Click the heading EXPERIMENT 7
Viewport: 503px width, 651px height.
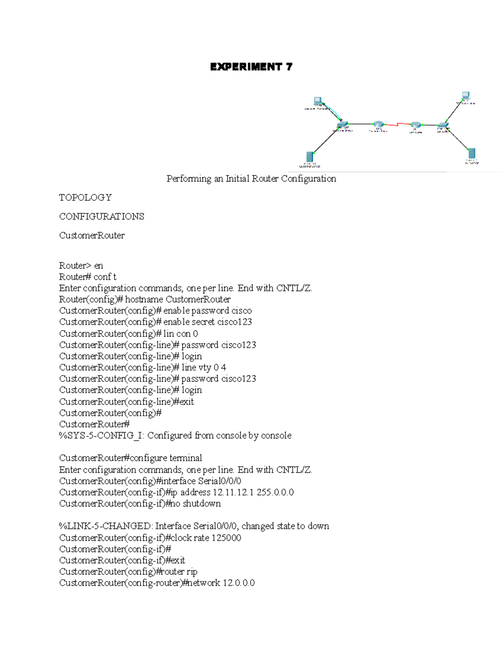[251, 67]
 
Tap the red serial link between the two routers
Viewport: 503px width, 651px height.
[397, 124]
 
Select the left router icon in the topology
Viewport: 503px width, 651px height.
[379, 124]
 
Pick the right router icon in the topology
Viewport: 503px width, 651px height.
[415, 125]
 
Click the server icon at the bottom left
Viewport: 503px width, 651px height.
[310, 157]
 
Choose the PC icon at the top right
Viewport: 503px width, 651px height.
[465, 96]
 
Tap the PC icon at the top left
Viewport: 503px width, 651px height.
[318, 101]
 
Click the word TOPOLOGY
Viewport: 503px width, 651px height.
[86, 197]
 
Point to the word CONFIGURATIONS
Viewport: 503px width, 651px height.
[101, 216]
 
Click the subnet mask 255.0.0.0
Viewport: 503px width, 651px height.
[275, 492]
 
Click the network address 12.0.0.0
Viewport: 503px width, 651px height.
[239, 583]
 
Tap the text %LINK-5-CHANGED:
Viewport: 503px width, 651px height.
[106, 526]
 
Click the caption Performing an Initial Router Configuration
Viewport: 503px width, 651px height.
[251, 179]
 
